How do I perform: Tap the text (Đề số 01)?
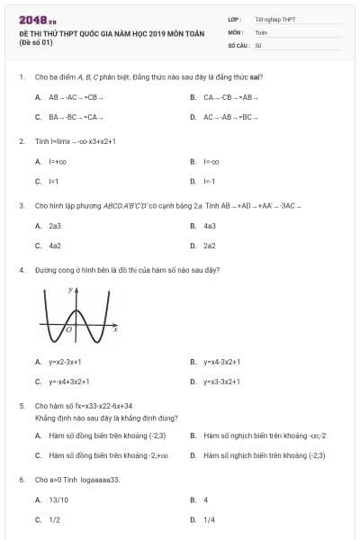[37, 41]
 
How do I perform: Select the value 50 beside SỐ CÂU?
[258, 44]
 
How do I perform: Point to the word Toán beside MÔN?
[261, 31]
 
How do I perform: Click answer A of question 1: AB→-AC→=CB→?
[76, 96]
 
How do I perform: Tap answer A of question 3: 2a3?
[55, 226]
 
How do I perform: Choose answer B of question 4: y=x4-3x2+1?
[221, 362]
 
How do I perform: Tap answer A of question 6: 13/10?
[57, 499]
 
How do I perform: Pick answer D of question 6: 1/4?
[209, 519]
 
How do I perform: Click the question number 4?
[21, 270]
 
